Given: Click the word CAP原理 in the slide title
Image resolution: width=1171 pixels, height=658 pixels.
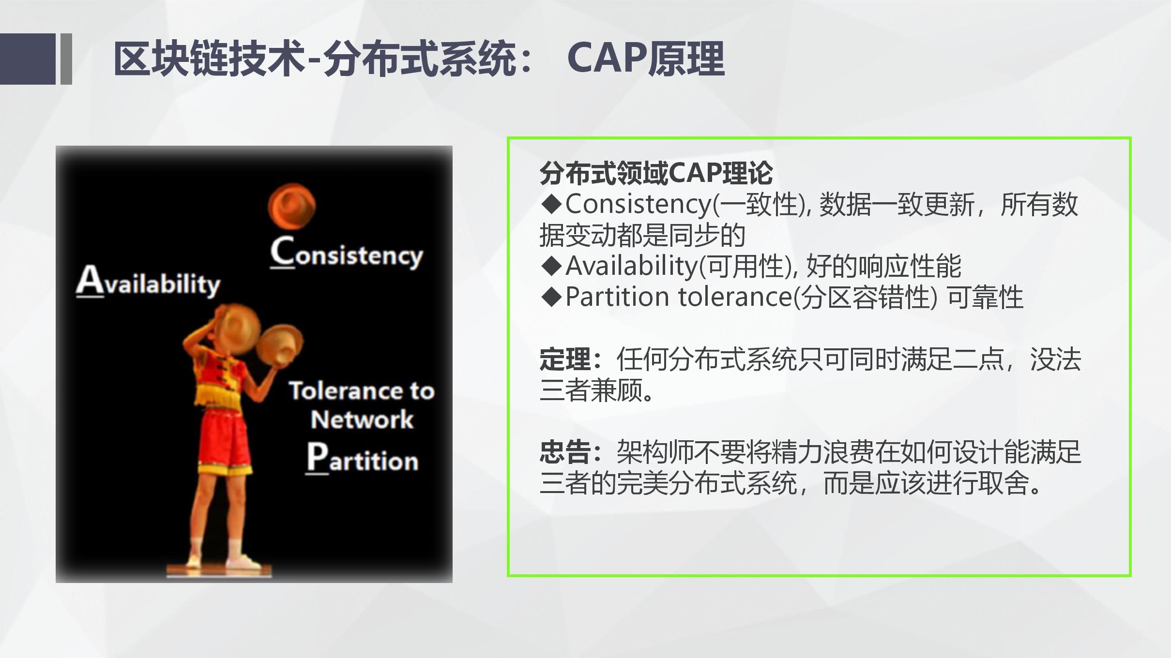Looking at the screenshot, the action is [x=646, y=59].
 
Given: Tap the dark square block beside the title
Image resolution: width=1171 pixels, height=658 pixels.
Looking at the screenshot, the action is [x=28, y=59].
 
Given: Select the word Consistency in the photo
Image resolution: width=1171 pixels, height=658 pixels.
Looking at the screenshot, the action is [x=347, y=253].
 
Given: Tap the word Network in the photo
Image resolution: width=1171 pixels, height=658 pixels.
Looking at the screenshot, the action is [x=362, y=419].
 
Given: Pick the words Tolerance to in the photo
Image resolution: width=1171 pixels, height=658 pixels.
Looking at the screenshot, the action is [x=362, y=390].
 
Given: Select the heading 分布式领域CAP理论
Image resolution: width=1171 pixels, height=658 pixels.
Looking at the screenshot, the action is [x=656, y=173].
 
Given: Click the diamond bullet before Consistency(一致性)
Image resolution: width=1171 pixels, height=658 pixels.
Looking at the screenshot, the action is [x=551, y=204].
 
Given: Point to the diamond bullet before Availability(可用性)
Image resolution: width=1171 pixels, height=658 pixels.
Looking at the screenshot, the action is [x=551, y=266].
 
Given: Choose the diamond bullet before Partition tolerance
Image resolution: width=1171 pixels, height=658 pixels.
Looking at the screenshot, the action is [x=551, y=297].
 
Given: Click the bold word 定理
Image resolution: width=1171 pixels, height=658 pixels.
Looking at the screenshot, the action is [x=565, y=359].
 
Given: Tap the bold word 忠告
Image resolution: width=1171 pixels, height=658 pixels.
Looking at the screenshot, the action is [x=565, y=452].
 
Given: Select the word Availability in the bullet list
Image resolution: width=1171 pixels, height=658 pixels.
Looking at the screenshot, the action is [x=631, y=266].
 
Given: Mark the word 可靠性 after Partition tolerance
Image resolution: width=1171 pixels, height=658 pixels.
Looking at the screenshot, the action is [x=985, y=297].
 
